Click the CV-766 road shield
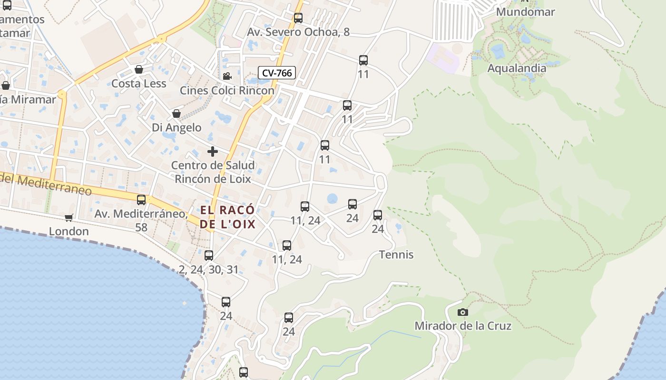277,73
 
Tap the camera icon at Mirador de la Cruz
462,312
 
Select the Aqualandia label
517,68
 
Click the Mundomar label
525,11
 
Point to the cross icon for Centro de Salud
213,152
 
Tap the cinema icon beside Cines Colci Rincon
227,76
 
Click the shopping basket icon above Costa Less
139,69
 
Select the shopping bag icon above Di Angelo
176,114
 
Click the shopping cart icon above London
69,218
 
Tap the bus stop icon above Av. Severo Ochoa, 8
298,18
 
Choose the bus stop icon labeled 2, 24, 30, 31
209,256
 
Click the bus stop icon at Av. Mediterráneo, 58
141,200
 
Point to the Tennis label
396,255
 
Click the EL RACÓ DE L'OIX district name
227,217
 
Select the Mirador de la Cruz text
463,326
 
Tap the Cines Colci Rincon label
227,90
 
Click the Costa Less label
138,84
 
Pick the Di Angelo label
176,127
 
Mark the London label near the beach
69,231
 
